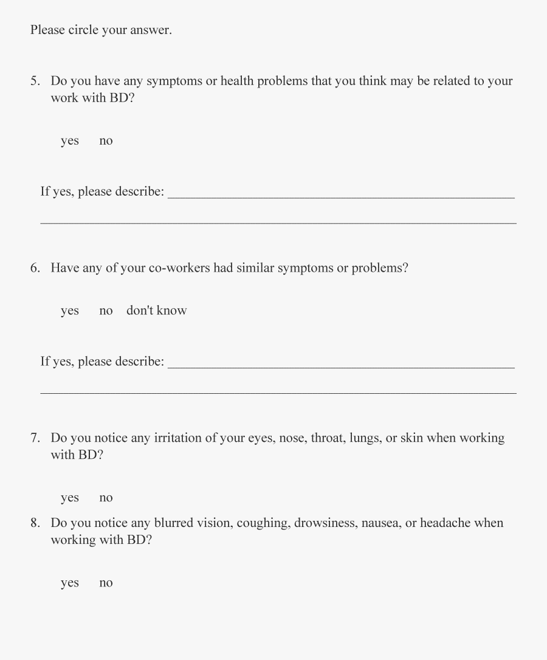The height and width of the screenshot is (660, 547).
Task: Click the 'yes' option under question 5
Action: [70, 141]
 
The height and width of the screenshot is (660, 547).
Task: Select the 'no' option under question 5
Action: [106, 141]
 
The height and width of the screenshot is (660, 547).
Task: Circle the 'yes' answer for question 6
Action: [70, 311]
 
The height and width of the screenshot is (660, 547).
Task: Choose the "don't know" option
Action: [156, 311]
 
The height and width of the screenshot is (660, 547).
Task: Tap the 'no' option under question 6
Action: [106, 311]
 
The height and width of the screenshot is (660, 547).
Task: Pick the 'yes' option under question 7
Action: [70, 498]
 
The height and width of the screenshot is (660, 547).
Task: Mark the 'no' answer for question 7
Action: [106, 498]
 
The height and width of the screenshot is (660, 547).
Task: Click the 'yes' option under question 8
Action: [70, 583]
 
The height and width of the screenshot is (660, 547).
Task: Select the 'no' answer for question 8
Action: [106, 583]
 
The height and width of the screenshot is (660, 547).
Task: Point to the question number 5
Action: [35, 81]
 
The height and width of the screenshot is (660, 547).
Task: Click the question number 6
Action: [35, 268]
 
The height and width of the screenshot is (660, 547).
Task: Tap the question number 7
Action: [35, 438]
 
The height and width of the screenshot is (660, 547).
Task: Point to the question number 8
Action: [35, 523]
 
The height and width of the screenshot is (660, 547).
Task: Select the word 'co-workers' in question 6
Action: [179, 268]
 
